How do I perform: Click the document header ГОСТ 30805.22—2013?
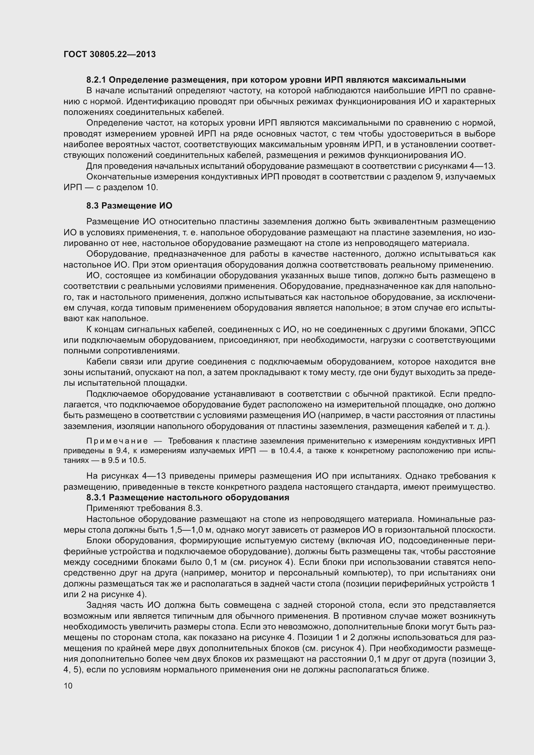[x=109, y=54]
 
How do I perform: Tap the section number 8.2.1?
[x=96, y=80]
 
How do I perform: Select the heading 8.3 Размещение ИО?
[x=129, y=206]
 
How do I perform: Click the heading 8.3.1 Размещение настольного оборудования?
[x=188, y=497]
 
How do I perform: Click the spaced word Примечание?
[x=117, y=441]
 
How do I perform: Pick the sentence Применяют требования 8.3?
[x=144, y=508]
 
